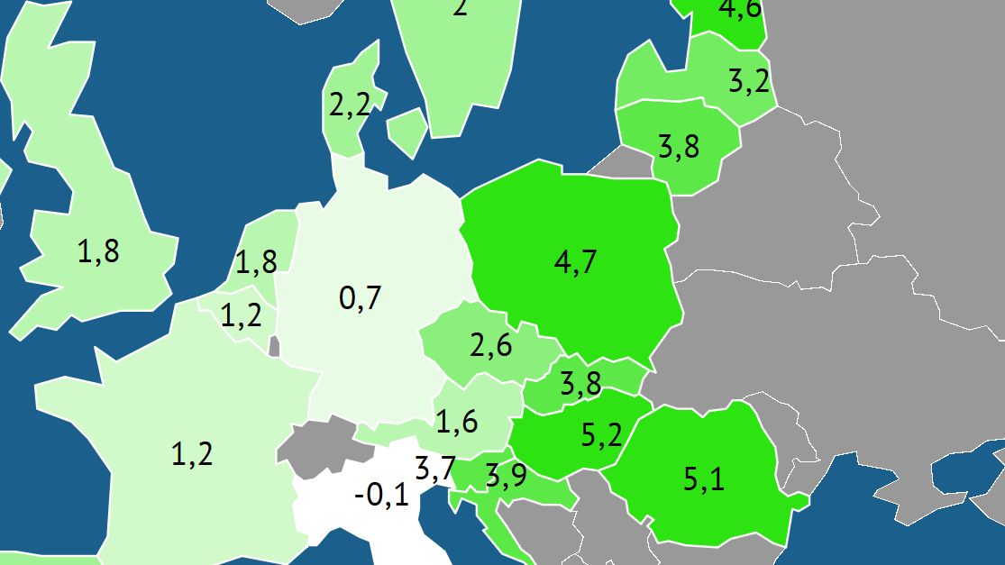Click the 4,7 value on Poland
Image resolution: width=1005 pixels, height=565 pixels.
click(x=575, y=262)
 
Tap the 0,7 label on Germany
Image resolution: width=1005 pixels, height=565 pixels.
click(x=360, y=297)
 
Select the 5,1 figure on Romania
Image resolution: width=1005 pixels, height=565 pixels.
click(x=703, y=478)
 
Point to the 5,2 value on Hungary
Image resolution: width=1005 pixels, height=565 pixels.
click(x=601, y=436)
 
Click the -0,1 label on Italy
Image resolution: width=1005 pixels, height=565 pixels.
click(x=381, y=495)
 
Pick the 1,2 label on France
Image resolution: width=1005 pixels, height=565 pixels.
click(x=192, y=453)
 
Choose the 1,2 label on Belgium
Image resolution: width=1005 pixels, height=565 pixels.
click(x=241, y=316)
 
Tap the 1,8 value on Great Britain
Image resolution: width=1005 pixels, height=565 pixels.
click(x=98, y=252)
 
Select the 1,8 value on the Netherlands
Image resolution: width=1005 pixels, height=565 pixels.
click(x=256, y=262)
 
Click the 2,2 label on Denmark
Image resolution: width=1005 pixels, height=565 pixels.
click(x=350, y=106)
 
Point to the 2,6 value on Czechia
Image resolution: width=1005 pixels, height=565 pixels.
click(x=491, y=345)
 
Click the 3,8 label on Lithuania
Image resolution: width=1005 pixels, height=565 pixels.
click(x=679, y=146)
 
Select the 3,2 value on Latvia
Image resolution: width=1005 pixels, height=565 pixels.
click(x=749, y=81)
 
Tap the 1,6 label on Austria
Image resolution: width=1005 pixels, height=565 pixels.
click(x=456, y=421)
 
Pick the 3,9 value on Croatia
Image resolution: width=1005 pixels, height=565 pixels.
click(x=506, y=476)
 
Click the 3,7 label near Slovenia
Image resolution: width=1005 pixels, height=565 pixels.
click(x=434, y=469)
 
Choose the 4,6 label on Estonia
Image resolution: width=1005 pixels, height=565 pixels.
click(x=739, y=9)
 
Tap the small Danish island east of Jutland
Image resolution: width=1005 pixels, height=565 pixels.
click(x=408, y=129)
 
